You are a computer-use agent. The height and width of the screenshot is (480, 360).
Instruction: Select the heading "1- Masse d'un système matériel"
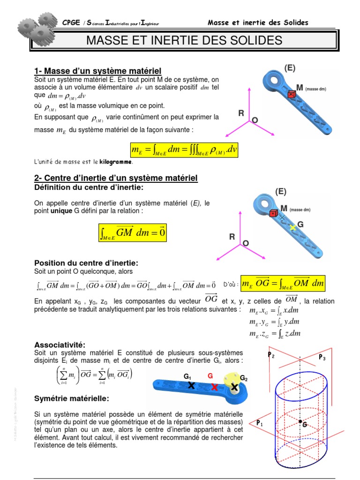tap(97, 71)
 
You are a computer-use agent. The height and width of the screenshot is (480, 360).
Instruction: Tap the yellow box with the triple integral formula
tap(184, 150)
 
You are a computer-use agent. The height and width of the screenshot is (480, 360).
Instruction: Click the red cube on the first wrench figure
tap(291, 94)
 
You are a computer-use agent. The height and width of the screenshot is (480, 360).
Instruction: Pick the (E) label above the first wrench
tap(290, 68)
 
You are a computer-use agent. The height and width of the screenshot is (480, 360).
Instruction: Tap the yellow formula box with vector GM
tap(133, 232)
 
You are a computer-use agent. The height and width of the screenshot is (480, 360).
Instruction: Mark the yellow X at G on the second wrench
tap(293, 227)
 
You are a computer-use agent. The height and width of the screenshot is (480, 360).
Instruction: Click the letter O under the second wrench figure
tap(245, 243)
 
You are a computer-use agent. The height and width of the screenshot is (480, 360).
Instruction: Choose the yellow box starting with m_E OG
tap(283, 284)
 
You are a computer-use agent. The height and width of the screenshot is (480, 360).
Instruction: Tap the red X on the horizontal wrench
tap(214, 387)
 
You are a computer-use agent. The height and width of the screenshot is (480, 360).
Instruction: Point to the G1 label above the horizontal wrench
tap(187, 376)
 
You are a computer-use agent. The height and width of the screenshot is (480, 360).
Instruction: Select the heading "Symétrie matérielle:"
tap(71, 398)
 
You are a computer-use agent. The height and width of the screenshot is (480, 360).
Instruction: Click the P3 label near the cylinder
tap(322, 358)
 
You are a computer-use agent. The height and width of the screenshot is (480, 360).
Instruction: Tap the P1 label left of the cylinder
tap(259, 423)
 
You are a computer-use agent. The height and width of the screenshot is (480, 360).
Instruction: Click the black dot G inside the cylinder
tap(300, 421)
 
